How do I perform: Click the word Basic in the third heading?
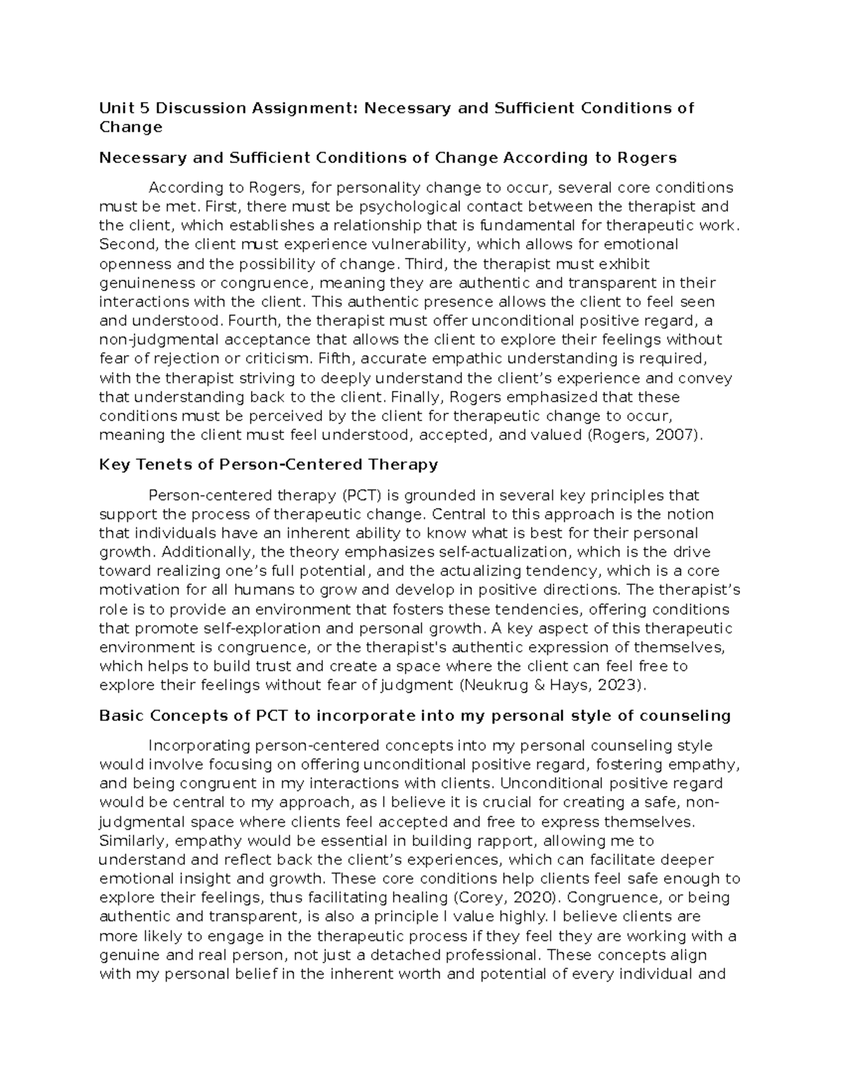tap(121, 716)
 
